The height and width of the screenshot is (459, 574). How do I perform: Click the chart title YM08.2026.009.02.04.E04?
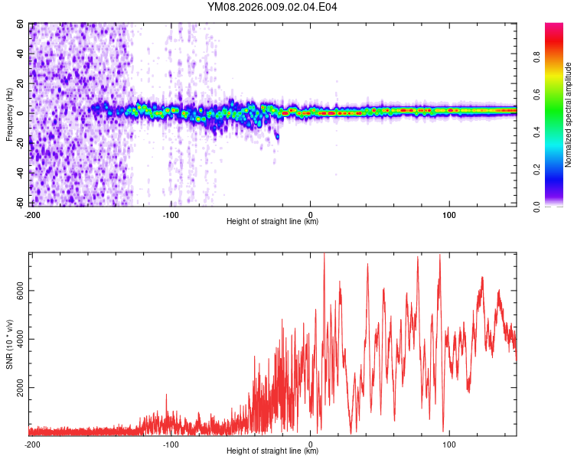(272, 7)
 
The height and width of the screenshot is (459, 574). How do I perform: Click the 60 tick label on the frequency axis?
(21, 24)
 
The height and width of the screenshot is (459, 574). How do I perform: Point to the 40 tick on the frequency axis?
(21, 54)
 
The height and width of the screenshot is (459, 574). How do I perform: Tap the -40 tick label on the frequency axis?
(19, 173)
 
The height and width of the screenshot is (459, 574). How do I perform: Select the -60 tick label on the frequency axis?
(19, 203)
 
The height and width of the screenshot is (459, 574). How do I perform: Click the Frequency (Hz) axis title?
(9, 114)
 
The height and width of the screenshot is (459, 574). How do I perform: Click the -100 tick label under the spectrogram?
(171, 214)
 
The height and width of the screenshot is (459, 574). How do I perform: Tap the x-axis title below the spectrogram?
(272, 222)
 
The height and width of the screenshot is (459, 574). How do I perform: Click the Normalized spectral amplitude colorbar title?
(568, 115)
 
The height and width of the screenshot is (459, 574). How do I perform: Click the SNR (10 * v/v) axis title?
(9, 344)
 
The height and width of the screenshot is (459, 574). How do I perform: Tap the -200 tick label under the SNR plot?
(31, 444)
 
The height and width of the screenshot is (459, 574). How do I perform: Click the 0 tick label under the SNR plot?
(310, 444)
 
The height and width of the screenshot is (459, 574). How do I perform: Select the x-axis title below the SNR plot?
(272, 451)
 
